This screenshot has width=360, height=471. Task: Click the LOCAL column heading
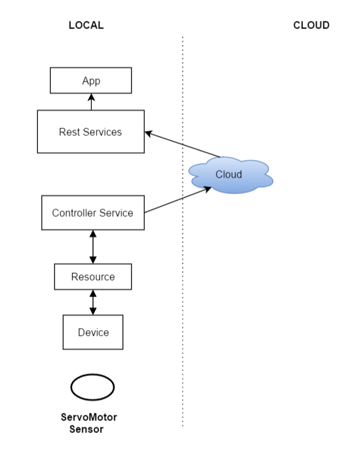pyautogui.click(x=85, y=26)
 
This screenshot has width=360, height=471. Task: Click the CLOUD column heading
pyautogui.click(x=311, y=26)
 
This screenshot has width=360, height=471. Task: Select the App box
pyautogui.click(x=91, y=81)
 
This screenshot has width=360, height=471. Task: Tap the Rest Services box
pyautogui.click(x=90, y=132)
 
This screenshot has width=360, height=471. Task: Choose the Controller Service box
pyautogui.click(x=92, y=212)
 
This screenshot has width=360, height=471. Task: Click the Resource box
pyautogui.click(x=93, y=277)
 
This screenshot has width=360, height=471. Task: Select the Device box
pyautogui.click(x=93, y=333)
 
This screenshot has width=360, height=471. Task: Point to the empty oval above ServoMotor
pyautogui.click(x=92, y=388)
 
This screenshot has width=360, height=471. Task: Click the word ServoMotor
pyautogui.click(x=89, y=417)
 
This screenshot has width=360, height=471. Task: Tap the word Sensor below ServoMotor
pyautogui.click(x=87, y=429)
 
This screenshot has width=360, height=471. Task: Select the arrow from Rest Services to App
pyautogui.click(x=91, y=102)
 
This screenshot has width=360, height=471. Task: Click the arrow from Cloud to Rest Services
pyautogui.click(x=183, y=145)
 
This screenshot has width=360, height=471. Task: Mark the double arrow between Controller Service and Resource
pyautogui.click(x=93, y=247)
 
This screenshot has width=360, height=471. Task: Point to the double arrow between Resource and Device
pyautogui.click(x=93, y=302)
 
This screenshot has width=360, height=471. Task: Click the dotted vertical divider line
pyautogui.click(x=183, y=253)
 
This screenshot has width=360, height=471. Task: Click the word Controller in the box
pyautogui.click(x=73, y=212)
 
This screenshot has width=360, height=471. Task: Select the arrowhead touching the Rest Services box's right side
pyautogui.click(x=149, y=133)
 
